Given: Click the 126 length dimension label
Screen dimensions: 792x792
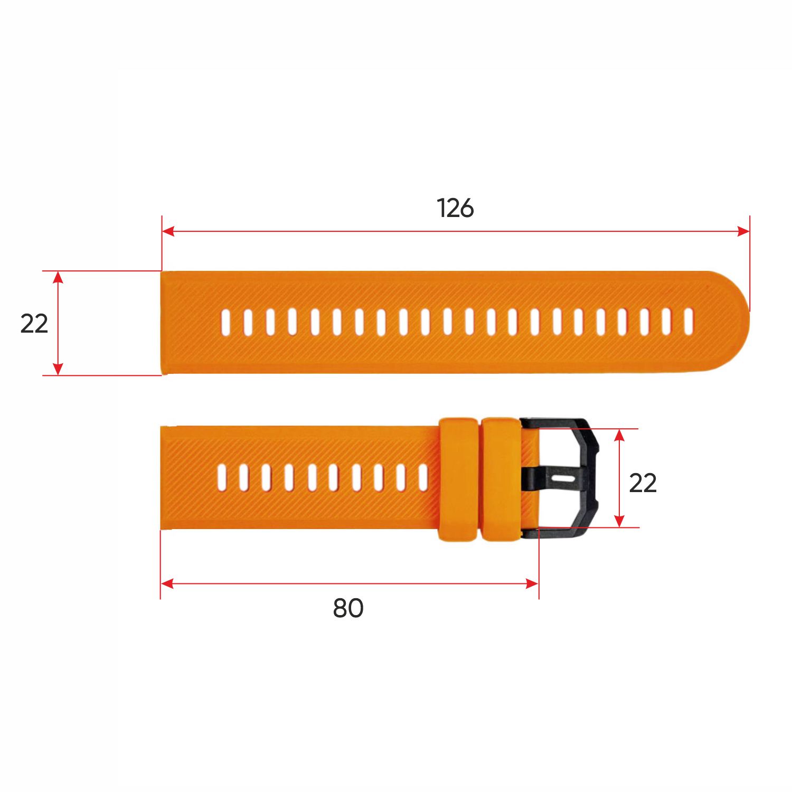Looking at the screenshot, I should pyautogui.click(x=455, y=208).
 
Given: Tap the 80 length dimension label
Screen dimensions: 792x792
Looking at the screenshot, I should pyautogui.click(x=348, y=608).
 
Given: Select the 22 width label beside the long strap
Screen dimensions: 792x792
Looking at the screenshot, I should pyautogui.click(x=34, y=323).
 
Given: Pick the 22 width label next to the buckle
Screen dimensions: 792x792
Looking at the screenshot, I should pyautogui.click(x=643, y=483).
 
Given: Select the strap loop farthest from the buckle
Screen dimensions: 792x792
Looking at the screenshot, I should pyautogui.click(x=458, y=479).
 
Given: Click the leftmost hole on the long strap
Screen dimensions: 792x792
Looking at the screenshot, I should pyautogui.click(x=226, y=322).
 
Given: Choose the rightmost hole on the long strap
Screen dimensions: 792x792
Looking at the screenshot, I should pyautogui.click(x=688, y=322).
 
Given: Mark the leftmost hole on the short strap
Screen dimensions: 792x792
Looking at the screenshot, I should pyautogui.click(x=222, y=477).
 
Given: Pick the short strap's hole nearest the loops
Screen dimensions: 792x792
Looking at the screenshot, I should pyautogui.click(x=423, y=477).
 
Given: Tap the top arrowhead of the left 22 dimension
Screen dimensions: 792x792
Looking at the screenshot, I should pyautogui.click(x=58, y=277).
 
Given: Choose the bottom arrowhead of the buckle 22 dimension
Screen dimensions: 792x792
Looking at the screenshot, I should pyautogui.click(x=620, y=521).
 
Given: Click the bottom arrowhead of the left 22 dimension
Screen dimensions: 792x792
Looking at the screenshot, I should pyautogui.click(x=58, y=369).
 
